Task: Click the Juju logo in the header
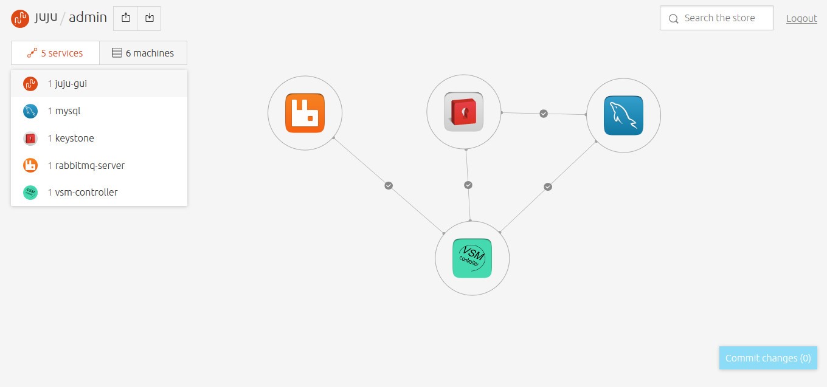coord(20,18)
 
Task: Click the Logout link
coord(801,19)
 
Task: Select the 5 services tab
coord(55,53)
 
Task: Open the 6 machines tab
coord(144,53)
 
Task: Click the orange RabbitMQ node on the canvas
coord(305,113)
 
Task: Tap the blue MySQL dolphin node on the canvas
coord(623,115)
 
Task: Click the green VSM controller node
coord(472,258)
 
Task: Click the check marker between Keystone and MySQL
coord(544,114)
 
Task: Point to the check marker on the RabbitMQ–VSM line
coord(389,185)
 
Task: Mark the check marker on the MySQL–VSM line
coord(548,187)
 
